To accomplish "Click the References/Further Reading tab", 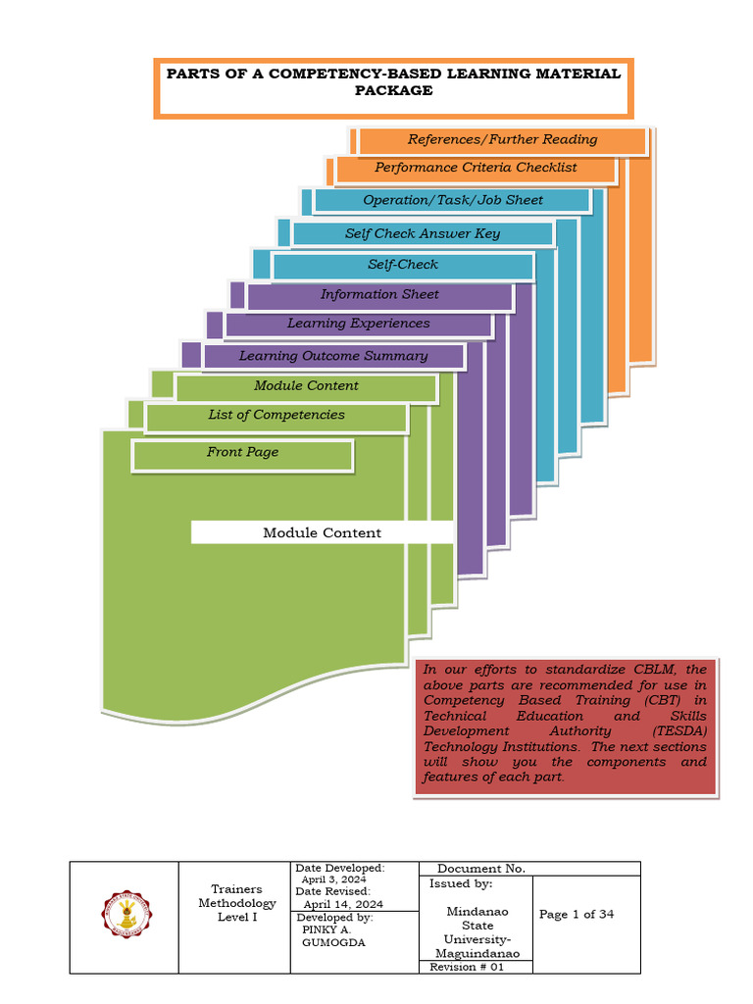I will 502,140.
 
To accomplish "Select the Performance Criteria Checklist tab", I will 476,169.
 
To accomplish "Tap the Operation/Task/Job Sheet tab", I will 452,200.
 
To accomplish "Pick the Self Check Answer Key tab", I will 422,233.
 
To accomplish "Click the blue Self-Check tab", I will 402,265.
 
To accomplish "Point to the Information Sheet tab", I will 378,295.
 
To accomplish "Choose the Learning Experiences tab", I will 358,324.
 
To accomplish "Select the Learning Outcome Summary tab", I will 332,356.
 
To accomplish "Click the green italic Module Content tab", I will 306,386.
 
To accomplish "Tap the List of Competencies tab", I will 276,416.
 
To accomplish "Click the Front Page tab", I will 242,453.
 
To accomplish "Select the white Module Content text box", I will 322,532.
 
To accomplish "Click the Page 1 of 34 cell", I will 577,915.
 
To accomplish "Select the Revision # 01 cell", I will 467,967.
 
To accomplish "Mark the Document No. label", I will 481,869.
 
